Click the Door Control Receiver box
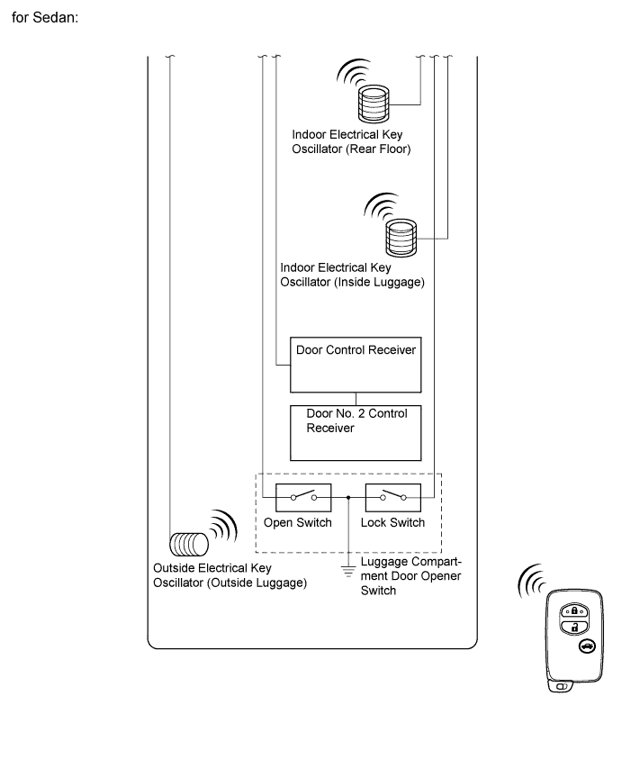(x=356, y=366)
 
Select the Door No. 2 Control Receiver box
(x=356, y=432)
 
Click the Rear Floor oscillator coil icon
(x=373, y=103)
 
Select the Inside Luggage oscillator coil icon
(x=401, y=236)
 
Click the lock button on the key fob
(x=570, y=610)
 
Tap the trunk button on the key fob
(x=586, y=646)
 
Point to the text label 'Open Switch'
(x=298, y=523)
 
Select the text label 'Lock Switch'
(x=392, y=523)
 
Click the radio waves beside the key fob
(x=532, y=585)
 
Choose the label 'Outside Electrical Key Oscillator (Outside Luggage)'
(x=230, y=575)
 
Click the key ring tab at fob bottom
(x=562, y=687)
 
